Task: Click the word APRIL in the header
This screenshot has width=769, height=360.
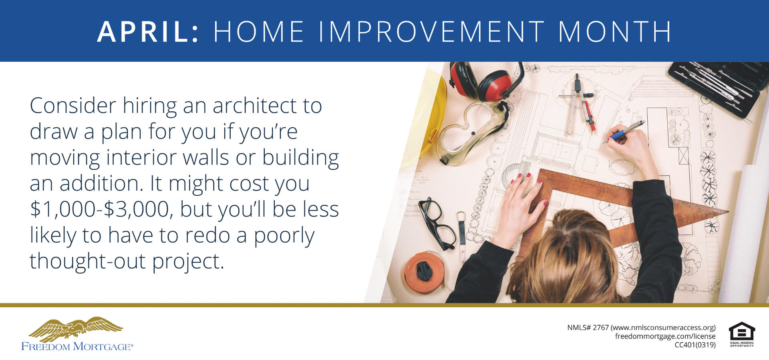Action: [x=148, y=31]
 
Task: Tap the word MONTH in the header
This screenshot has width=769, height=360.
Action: [x=615, y=31]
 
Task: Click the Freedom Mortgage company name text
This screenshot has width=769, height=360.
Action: [x=77, y=346]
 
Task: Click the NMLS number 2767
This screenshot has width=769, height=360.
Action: [x=600, y=328]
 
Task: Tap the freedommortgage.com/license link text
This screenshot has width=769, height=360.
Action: [x=665, y=336]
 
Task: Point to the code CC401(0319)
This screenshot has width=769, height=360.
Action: [x=695, y=345]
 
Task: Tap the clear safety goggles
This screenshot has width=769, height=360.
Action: [x=473, y=133]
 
